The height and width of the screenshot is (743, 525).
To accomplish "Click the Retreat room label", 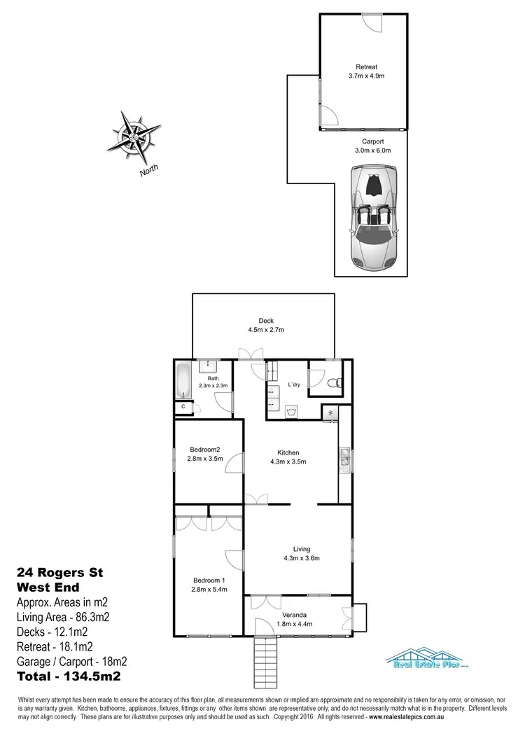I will pyautogui.click(x=362, y=69).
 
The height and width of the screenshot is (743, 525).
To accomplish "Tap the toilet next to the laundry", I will pyautogui.click(x=334, y=382).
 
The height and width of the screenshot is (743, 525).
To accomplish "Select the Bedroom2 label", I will pyautogui.click(x=205, y=450).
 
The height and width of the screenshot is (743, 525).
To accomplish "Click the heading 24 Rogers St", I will pyautogui.click(x=59, y=573).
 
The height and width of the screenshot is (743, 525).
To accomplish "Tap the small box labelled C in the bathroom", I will pyautogui.click(x=183, y=406).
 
